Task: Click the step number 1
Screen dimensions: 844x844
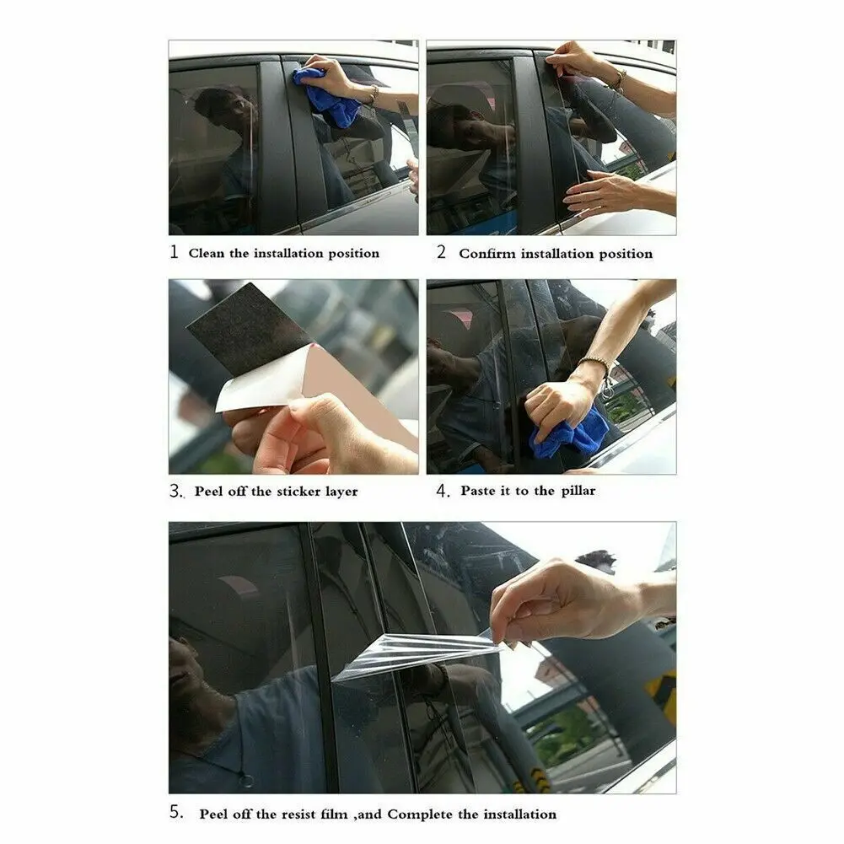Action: click(175, 252)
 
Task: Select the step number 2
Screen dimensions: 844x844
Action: click(441, 252)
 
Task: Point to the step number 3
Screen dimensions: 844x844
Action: click(175, 491)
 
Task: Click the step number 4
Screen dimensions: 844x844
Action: click(443, 491)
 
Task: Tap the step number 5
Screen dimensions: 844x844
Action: click(176, 813)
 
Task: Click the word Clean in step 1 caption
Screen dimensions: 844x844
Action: click(207, 253)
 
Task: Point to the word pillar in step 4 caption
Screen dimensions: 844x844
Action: click(578, 491)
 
